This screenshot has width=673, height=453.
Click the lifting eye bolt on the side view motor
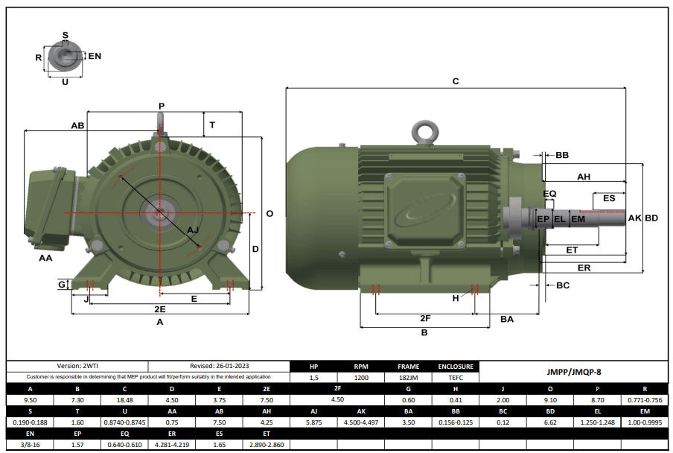427,132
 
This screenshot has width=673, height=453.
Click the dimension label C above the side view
456,80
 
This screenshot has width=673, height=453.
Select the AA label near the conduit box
45,258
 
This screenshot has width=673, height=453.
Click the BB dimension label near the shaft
562,155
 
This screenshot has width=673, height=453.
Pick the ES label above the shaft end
609,198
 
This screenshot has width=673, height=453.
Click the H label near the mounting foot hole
456,298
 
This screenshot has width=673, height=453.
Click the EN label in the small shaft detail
95,56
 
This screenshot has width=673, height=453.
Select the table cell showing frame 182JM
408,378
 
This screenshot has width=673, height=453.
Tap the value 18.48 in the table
124,400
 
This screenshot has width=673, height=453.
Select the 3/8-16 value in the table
30,445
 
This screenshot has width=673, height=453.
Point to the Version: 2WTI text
77,367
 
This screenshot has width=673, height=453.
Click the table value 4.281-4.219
171,445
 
